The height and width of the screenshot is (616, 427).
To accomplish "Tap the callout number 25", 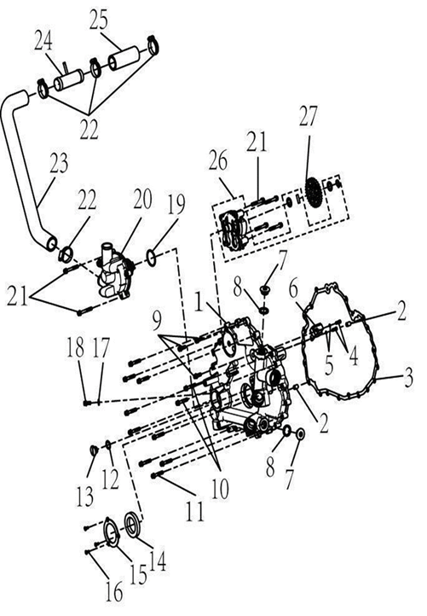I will [x=108, y=19].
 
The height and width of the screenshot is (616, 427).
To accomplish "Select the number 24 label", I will [x=43, y=39].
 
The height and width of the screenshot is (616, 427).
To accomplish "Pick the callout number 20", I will [x=141, y=200].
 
